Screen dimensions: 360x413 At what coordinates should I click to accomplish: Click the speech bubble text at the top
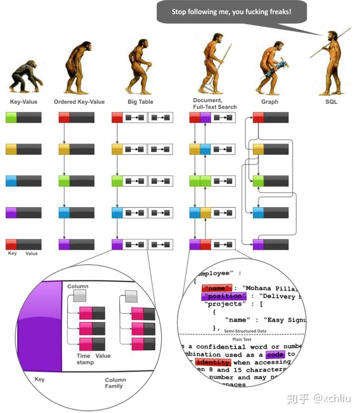pyautogui.click(x=231, y=11)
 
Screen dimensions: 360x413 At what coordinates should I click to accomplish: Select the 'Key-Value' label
pyautogui.click(x=23, y=101)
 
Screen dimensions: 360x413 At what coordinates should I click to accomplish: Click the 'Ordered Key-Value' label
pyautogui.click(x=79, y=101)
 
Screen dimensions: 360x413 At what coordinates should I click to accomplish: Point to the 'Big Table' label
pyautogui.click(x=140, y=101)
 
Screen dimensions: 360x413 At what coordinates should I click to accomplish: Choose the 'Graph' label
pyautogui.click(x=269, y=101)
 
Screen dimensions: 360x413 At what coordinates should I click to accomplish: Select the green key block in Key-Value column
pyautogui.click(x=11, y=117)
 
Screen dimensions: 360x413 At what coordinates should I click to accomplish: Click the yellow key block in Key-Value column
pyautogui.click(x=11, y=149)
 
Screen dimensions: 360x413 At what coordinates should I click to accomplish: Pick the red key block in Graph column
pyautogui.click(x=258, y=117)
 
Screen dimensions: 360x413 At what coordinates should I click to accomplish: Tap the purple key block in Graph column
pyautogui.click(x=258, y=244)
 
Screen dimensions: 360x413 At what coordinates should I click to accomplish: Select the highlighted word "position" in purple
pyautogui.click(x=224, y=296)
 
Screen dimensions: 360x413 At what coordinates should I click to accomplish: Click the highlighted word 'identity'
pyautogui.click(x=213, y=362)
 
